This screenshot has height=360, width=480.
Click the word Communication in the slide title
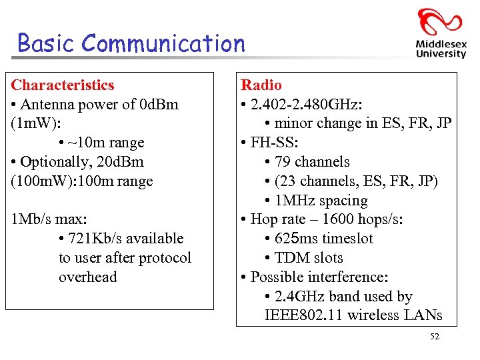point(165,44)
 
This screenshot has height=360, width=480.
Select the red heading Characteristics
point(63,85)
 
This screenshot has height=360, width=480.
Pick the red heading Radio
point(261,85)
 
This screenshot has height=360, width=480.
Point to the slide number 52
point(435,337)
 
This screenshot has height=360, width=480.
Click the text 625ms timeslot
point(323,239)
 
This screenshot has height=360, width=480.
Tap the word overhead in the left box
point(87,277)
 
